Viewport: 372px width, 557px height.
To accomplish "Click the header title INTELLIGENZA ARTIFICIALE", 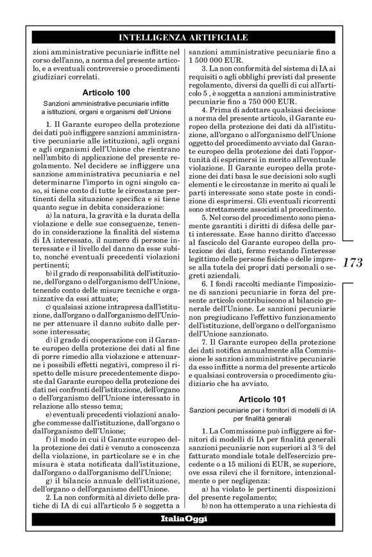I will click(185, 37).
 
